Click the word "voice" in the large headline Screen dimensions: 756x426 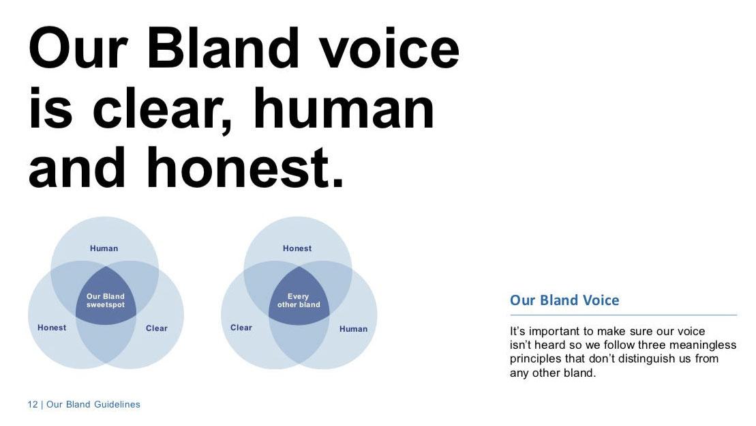389,48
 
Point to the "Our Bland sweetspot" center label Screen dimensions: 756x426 106,300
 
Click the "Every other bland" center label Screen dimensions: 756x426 299,300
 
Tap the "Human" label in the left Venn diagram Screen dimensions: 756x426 104,248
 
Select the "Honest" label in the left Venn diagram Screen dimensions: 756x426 52,328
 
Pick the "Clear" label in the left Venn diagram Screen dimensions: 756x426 157,328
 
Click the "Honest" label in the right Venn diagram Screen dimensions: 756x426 297,248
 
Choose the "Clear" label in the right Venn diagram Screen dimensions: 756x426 241,328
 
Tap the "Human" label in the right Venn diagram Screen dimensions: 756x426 353,329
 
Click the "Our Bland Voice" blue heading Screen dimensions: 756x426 564,300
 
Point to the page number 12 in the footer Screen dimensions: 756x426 32,404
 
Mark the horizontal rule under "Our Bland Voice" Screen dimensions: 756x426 624,315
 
